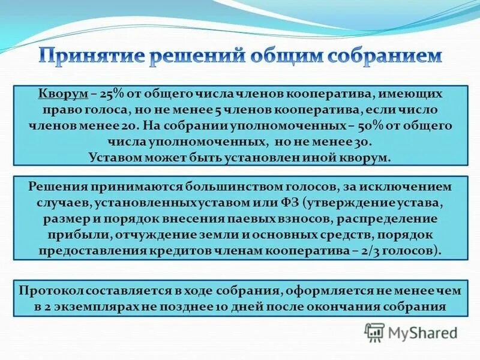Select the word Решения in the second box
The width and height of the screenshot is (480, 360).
[x=57, y=187]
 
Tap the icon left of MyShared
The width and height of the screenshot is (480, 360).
[x=374, y=332]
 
